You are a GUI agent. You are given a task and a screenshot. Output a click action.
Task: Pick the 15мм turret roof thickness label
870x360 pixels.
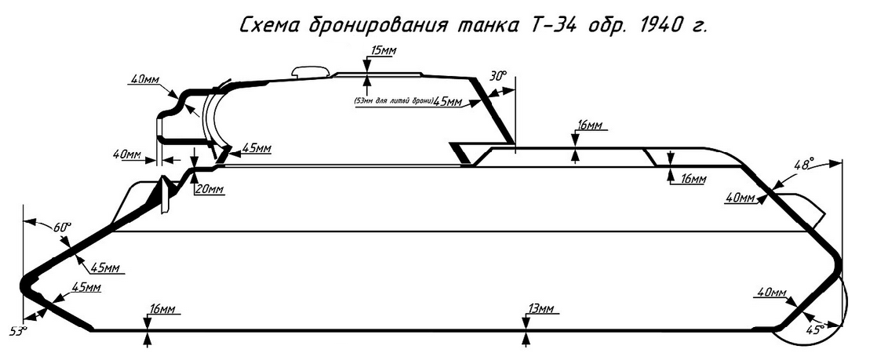coord(383,51)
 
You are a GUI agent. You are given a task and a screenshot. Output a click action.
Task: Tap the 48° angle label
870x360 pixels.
coord(803,165)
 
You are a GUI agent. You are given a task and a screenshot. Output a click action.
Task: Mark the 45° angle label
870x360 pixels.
coord(817,330)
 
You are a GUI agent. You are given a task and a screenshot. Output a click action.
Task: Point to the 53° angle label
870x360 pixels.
coord(18,330)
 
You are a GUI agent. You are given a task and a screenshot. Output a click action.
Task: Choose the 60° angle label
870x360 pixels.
coord(62,227)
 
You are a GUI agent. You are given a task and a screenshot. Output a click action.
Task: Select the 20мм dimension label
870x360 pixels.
coord(211,189)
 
